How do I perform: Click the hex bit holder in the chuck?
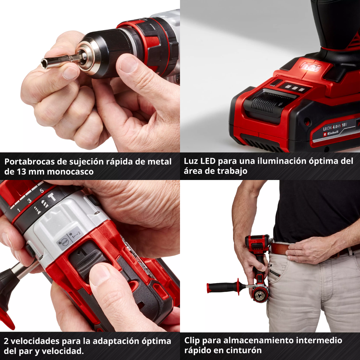(x=60, y=60)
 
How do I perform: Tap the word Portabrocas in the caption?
(x=29, y=162)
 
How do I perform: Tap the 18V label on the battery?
(x=344, y=124)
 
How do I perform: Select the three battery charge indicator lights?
(x=293, y=88)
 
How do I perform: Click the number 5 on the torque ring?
(x=42, y=190)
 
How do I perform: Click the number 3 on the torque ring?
(x=29, y=201)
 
